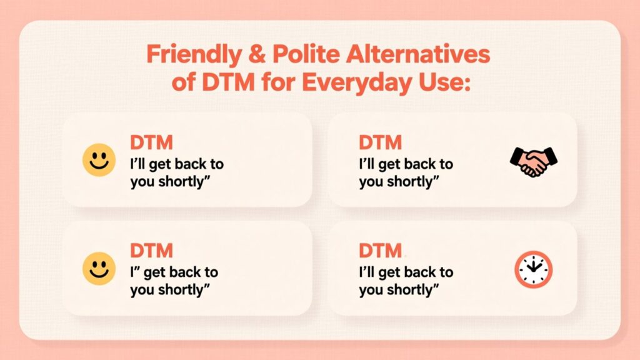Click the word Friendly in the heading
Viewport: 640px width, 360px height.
click(x=194, y=55)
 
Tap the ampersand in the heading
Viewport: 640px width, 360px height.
click(x=257, y=54)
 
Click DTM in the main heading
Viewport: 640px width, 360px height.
click(x=228, y=82)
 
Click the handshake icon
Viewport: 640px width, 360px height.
click(x=534, y=162)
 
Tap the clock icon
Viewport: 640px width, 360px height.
click(x=534, y=269)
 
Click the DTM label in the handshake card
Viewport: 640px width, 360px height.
click(x=380, y=142)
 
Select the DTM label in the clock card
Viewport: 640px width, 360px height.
click(x=380, y=251)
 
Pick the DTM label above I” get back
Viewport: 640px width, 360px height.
click(x=151, y=251)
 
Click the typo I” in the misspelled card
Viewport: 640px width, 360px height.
click(x=135, y=271)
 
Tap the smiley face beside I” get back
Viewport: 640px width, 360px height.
click(x=99, y=268)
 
